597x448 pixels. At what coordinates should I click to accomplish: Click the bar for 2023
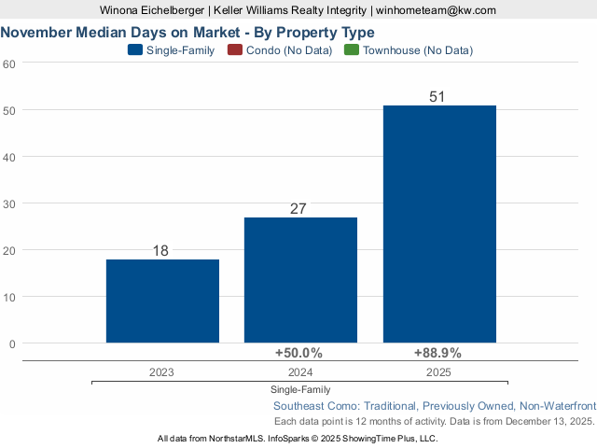tap(162, 301)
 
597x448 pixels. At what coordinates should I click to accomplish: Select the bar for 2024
tap(300, 280)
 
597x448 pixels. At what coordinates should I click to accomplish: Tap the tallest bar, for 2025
tap(439, 224)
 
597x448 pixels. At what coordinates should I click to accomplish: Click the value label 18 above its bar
tap(160, 251)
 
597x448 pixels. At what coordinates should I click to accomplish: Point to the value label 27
tap(298, 209)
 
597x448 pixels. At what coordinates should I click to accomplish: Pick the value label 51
tap(437, 97)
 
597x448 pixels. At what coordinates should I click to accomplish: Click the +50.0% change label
tap(298, 353)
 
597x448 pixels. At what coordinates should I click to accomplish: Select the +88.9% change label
tap(437, 353)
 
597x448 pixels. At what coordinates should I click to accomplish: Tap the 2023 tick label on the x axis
tap(161, 371)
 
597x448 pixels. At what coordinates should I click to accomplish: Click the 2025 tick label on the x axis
tap(438, 371)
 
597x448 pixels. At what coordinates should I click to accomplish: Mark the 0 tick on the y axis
tap(12, 343)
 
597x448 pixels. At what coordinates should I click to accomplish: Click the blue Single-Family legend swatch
tap(134, 50)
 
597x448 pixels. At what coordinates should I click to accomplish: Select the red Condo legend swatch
tap(234, 50)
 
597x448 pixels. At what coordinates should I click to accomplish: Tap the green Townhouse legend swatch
tap(351, 50)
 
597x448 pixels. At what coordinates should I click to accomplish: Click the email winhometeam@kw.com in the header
tap(436, 10)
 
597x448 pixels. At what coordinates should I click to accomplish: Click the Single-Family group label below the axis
tap(300, 389)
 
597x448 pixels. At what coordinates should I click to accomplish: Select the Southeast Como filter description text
tap(434, 406)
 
